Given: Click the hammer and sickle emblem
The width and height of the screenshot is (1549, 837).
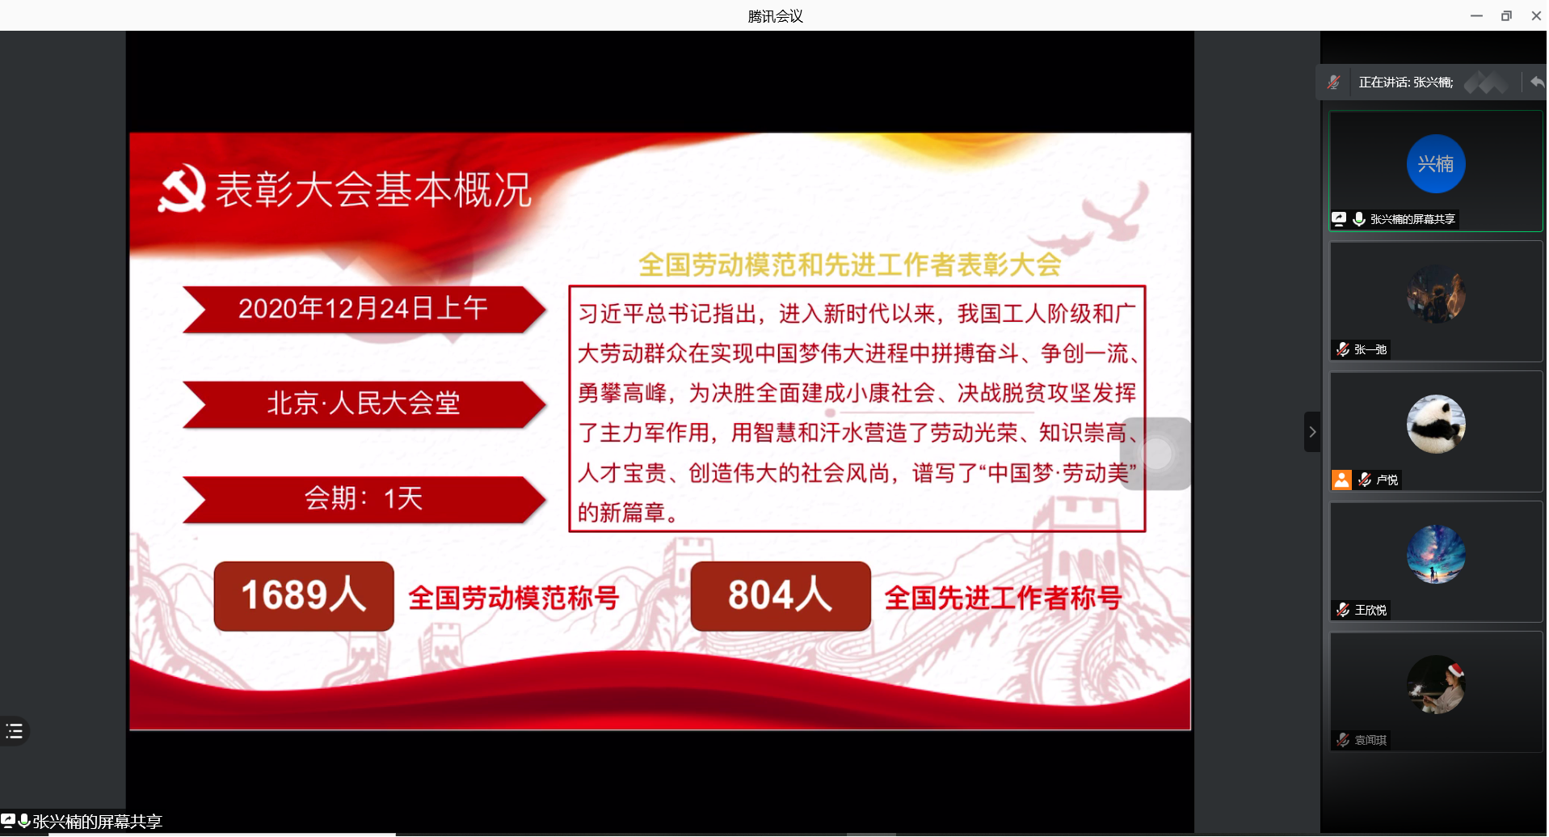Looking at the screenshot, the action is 182,188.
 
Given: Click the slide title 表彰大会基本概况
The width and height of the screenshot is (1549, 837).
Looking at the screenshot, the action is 373,190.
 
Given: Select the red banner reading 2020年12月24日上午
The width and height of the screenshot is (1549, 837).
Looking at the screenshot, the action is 364,309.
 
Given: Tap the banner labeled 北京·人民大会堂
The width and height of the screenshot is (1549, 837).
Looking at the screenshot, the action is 364,404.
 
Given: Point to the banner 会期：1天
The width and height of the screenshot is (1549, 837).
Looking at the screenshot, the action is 364,499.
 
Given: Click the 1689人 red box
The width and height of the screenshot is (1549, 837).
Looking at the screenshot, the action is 304,596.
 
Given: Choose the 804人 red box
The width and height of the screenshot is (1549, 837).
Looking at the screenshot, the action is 781,596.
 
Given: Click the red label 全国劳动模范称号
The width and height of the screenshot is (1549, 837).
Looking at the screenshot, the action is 514,598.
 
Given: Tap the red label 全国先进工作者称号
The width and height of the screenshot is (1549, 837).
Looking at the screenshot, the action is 1004,598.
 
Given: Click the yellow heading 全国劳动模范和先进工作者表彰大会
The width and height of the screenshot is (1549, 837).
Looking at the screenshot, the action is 850,264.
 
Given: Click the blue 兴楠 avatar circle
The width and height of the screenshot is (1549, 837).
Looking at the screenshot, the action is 1436,163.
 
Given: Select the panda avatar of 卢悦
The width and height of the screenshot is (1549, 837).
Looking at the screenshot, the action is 1436,424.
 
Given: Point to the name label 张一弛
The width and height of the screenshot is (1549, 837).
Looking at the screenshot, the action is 1370,349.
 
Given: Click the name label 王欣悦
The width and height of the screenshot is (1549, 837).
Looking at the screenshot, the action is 1370,610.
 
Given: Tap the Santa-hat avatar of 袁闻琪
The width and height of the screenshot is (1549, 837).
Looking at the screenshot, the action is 1436,684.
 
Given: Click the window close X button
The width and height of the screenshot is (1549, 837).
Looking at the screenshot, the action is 1536,15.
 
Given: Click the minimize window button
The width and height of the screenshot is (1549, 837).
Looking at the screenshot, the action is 1476,15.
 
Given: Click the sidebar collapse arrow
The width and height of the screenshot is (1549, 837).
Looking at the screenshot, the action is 1312,432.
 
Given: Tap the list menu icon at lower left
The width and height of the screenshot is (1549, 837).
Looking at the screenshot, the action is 15,731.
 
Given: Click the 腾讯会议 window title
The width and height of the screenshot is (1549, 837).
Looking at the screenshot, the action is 775,16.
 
